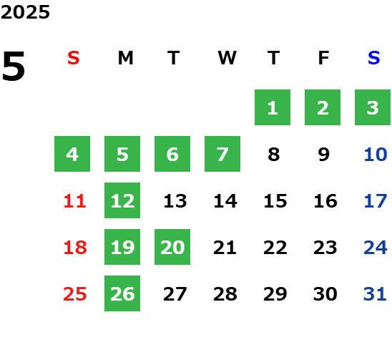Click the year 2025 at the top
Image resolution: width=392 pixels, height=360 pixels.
click(25, 12)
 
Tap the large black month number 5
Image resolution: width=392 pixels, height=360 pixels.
click(14, 66)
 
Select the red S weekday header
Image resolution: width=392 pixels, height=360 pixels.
click(74, 58)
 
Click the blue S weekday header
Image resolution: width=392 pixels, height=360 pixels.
click(374, 58)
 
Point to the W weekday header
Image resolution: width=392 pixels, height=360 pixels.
click(227, 58)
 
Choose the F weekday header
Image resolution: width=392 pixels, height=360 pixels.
click(324, 58)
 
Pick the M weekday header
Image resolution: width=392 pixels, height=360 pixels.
click(125, 58)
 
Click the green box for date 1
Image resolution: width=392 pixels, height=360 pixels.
click(273, 107)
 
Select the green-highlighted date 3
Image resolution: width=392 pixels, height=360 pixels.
click(373, 107)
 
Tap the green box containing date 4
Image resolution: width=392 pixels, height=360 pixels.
click(72, 154)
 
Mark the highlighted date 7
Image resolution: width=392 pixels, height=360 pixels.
click(222, 154)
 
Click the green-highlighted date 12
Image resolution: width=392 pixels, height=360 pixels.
click(122, 200)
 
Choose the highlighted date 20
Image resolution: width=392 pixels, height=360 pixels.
click(172, 247)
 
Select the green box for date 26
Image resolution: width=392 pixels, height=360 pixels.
click(122, 293)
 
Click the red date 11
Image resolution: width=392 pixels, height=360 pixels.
click(75, 201)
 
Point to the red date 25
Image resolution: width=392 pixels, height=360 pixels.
click(75, 294)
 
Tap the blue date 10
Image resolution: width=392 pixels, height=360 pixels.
click(376, 155)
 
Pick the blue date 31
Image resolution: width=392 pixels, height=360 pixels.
click(375, 294)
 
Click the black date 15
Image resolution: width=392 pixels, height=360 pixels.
click(275, 201)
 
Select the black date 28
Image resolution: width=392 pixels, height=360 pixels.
click(225, 294)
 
